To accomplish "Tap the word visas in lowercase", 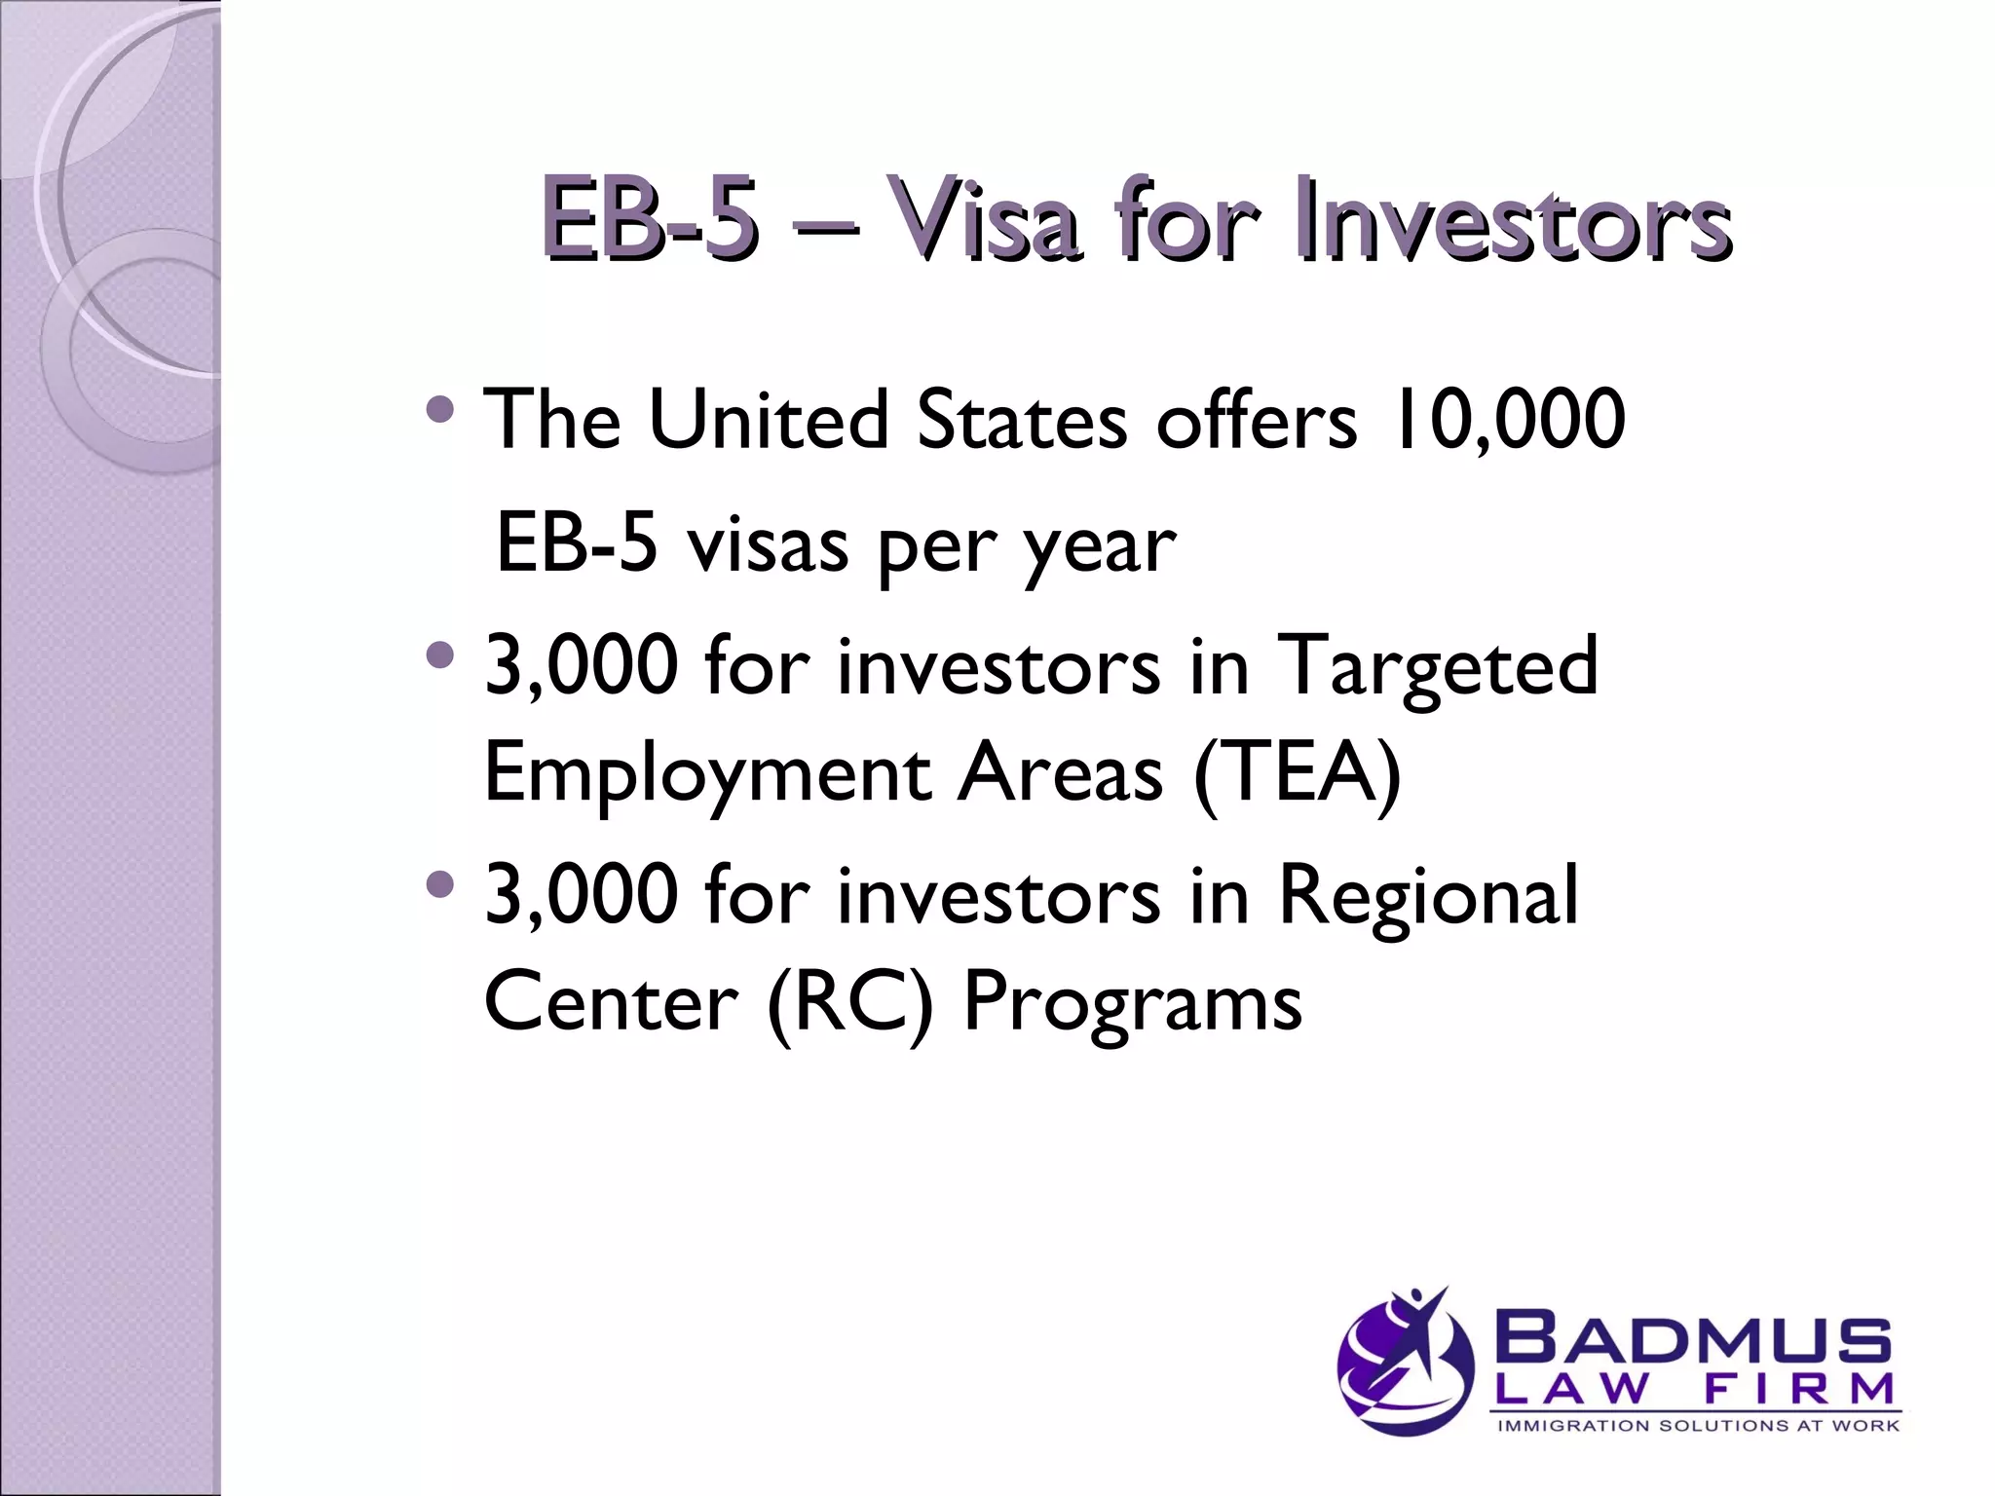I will tap(769, 545).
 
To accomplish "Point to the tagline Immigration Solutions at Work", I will tap(1697, 1426).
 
